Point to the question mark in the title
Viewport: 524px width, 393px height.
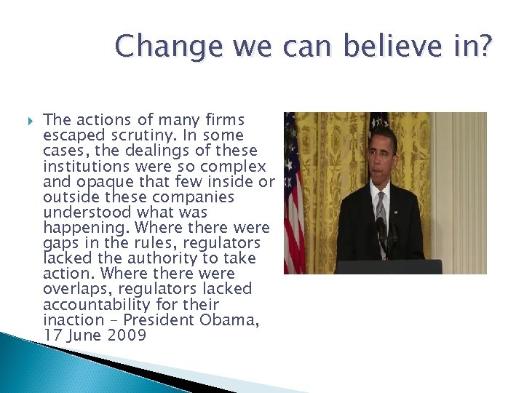click(483, 47)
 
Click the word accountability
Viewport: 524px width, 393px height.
click(97, 304)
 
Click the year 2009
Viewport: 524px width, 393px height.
click(126, 335)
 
